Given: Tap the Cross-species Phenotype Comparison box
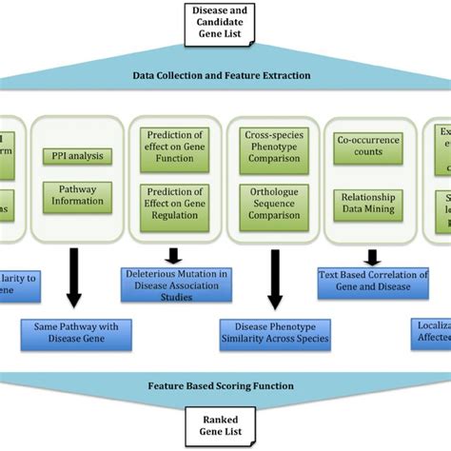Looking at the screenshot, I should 273,148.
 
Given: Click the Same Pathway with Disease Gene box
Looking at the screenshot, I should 77,331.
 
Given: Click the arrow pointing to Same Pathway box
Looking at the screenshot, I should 77,282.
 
